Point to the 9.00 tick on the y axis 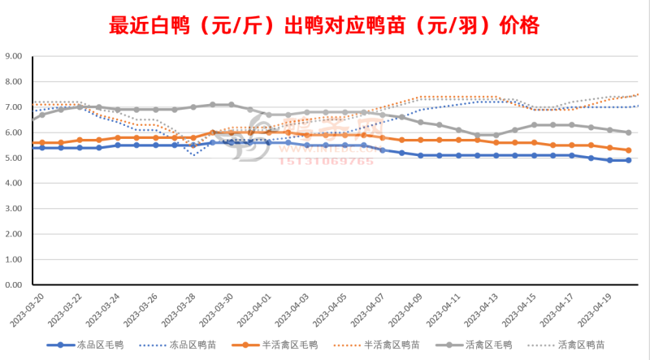tap(15, 57)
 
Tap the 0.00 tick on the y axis tap(15, 285)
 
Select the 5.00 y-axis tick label tap(15, 158)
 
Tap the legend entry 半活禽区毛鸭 tap(289, 344)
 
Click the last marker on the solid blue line tap(629, 161)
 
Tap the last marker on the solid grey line tap(629, 132)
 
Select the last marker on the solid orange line tap(629, 150)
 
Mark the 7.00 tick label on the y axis tap(15, 107)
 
